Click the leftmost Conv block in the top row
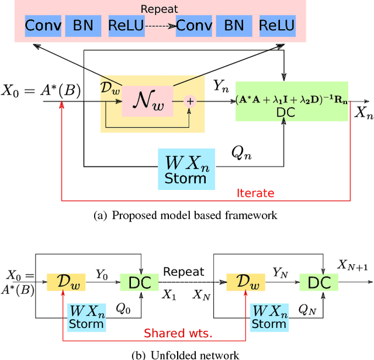tap(42, 26)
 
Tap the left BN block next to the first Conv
tap(81, 26)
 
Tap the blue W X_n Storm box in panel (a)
tap(185, 168)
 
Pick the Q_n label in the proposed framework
tap(241, 153)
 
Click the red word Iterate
tap(255, 193)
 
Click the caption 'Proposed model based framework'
tap(185, 215)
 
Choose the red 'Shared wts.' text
tap(177, 334)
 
